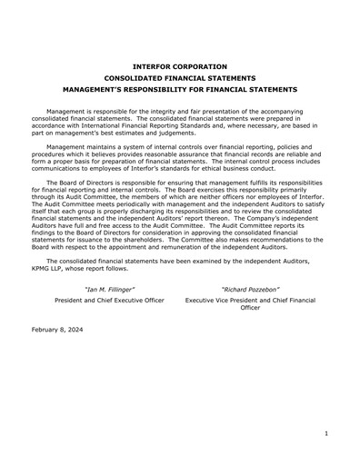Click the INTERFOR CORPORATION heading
tap(180, 66)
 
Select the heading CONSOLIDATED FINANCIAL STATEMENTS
tap(180, 78)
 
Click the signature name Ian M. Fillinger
tap(109, 289)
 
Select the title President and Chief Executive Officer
tap(109, 299)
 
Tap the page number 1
tap(325, 435)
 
